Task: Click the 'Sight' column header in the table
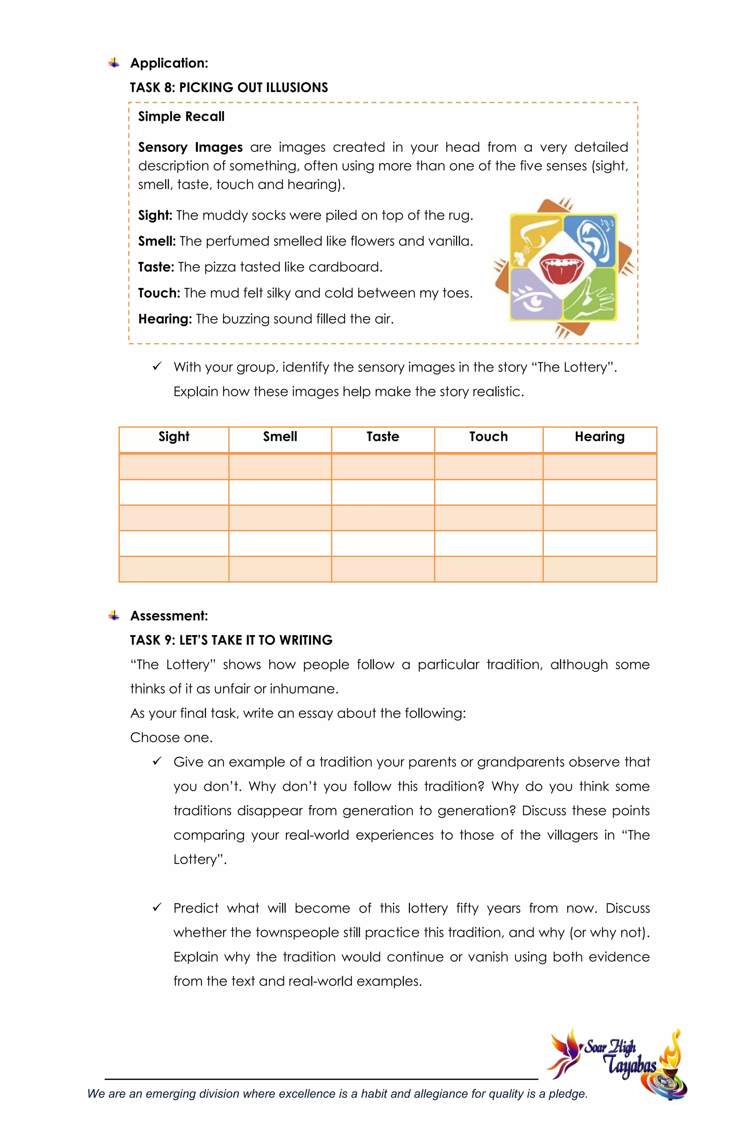pos(174,436)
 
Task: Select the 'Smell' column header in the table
pos(280,436)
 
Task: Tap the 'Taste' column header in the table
pos(383,436)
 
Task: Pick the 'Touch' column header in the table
pos(488,436)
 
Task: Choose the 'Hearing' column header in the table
pos(600,436)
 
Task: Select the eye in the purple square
pos(535,298)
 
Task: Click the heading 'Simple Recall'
pos(181,117)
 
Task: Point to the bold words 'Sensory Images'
pos(190,147)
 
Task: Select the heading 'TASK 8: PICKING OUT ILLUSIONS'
pos(229,87)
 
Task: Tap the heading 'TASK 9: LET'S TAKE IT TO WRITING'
pos(231,640)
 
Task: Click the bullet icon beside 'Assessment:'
pos(114,616)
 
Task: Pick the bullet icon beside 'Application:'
pos(114,63)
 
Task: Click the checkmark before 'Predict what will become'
pos(157,907)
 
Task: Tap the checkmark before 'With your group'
pos(157,367)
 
